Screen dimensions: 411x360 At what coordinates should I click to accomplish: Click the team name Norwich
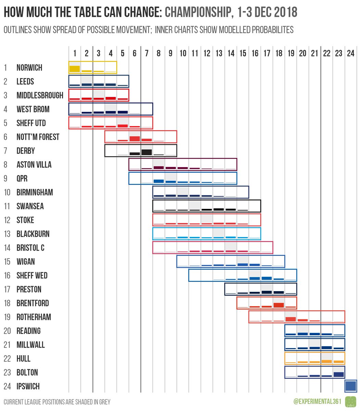(29, 68)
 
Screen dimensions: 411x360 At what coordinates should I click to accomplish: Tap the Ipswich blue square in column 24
(351, 386)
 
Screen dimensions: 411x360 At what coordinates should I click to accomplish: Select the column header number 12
(207, 53)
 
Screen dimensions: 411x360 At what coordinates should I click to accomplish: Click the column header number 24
(350, 53)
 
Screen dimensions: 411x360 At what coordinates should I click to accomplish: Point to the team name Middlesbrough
(40, 96)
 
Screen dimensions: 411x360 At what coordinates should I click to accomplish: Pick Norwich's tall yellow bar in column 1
(75, 69)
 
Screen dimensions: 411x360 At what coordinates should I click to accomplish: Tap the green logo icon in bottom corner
(351, 401)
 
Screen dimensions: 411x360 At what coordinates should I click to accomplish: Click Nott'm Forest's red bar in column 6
(135, 139)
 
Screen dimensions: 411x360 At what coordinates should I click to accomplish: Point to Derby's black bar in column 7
(147, 152)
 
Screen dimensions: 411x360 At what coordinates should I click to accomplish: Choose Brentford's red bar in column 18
(279, 305)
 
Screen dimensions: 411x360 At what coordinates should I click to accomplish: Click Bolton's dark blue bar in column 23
(338, 374)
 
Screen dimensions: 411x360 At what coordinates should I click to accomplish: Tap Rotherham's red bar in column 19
(291, 319)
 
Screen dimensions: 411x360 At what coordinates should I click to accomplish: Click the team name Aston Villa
(34, 165)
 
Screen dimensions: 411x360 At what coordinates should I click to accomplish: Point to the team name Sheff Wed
(32, 276)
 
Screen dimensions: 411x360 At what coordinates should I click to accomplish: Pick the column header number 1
(75, 53)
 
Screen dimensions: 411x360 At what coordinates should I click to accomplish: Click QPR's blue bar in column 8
(159, 181)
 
